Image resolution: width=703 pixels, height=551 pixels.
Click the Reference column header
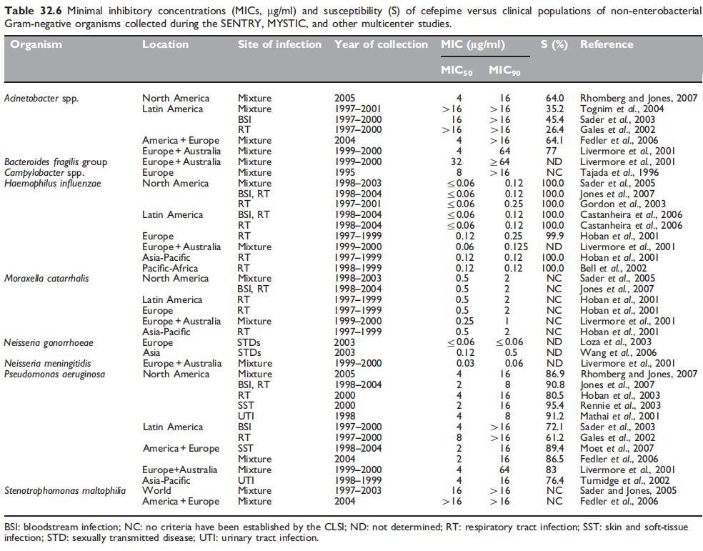click(607, 44)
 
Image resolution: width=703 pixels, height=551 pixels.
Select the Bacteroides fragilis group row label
click(56, 162)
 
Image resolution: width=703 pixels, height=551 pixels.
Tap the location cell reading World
click(156, 491)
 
